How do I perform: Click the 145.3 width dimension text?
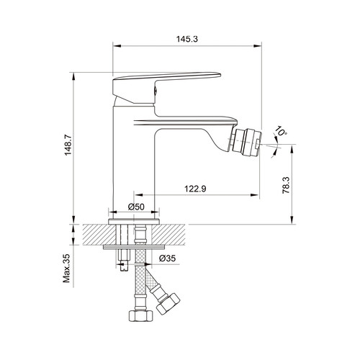click(187, 39)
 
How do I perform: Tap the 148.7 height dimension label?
click(68, 145)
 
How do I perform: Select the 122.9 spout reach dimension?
click(195, 189)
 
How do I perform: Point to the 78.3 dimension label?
click(286, 185)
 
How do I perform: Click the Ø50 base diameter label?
click(136, 207)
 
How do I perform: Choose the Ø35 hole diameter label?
click(167, 258)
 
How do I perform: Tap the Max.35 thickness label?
click(66, 268)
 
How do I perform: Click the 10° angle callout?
click(281, 131)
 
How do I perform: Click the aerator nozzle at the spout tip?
click(246, 141)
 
